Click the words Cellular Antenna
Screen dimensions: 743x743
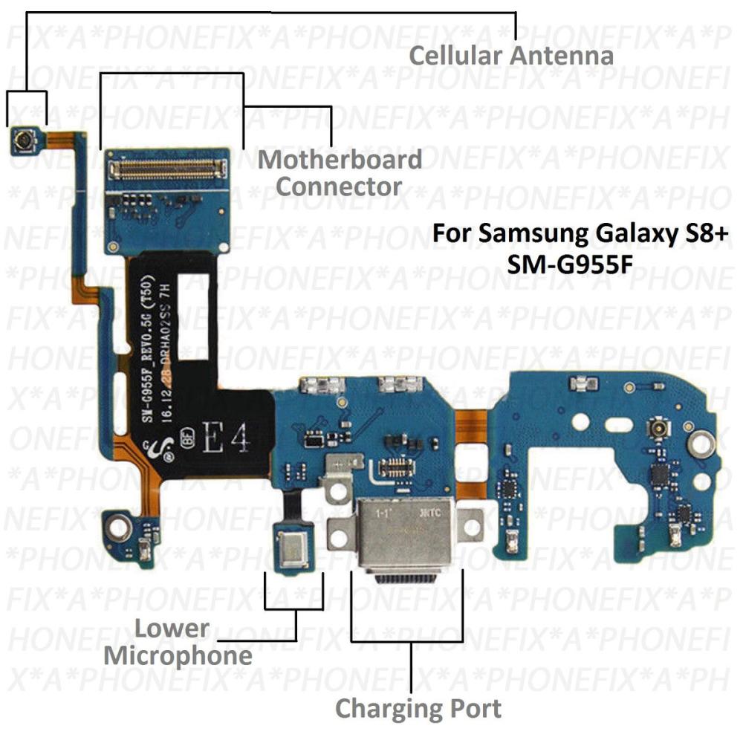point(511,56)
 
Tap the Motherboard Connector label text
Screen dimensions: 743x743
point(340,172)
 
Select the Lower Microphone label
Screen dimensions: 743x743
point(178,642)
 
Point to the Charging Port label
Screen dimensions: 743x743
point(418,707)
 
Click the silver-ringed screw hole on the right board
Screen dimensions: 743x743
point(698,445)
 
